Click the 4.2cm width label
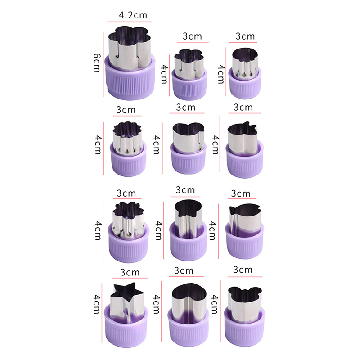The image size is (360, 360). (x=133, y=15)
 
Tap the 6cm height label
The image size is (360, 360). (x=97, y=63)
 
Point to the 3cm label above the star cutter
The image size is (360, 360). (x=130, y=272)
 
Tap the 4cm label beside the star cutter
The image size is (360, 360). (x=97, y=304)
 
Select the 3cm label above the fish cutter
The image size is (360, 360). (x=241, y=193)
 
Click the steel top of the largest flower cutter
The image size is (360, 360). (x=130, y=48)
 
